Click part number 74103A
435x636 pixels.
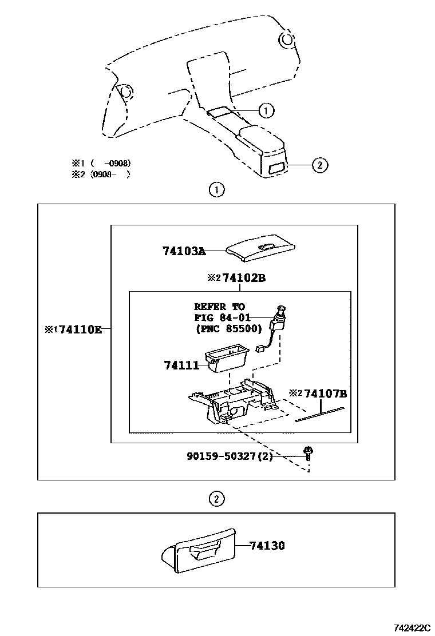pos(183,251)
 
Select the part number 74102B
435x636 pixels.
pos(244,278)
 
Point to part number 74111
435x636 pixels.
pos(181,365)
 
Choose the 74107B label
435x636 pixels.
pos(325,393)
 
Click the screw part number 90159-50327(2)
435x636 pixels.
pos(230,456)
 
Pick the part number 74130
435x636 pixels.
pos(267,546)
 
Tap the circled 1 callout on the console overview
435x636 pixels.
pos(266,110)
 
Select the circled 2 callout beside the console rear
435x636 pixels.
pos(319,165)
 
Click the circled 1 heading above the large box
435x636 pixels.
pos(216,190)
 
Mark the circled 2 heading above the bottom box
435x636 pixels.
pos(215,499)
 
